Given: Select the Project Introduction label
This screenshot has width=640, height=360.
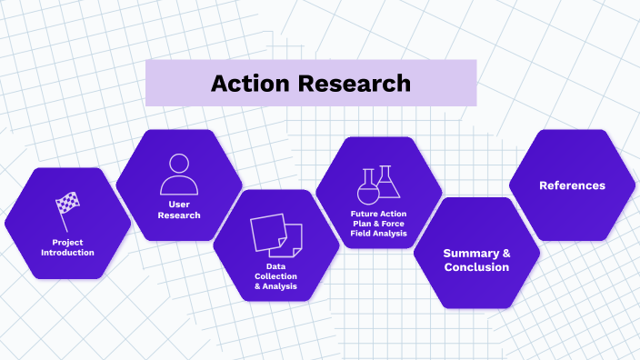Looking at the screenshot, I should pyautogui.click(x=67, y=247).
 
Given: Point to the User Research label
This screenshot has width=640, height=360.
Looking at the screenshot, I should pyautogui.click(x=179, y=210).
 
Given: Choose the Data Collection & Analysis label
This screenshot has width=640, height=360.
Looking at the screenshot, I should pyautogui.click(x=275, y=276).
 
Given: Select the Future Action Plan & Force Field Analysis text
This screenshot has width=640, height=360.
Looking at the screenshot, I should pyautogui.click(x=379, y=224).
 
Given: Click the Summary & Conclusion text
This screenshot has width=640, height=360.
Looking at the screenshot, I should pyautogui.click(x=476, y=260).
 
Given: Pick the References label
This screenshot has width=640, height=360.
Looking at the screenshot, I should pyautogui.click(x=572, y=185).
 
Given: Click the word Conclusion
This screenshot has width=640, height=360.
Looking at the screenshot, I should pyautogui.click(x=476, y=267).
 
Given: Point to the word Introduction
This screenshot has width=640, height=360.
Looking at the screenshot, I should pyautogui.click(x=67, y=253).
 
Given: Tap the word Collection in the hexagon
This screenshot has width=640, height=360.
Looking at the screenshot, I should pyautogui.click(x=275, y=276).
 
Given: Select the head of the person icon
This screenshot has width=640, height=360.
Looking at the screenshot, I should pyautogui.click(x=179, y=164).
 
